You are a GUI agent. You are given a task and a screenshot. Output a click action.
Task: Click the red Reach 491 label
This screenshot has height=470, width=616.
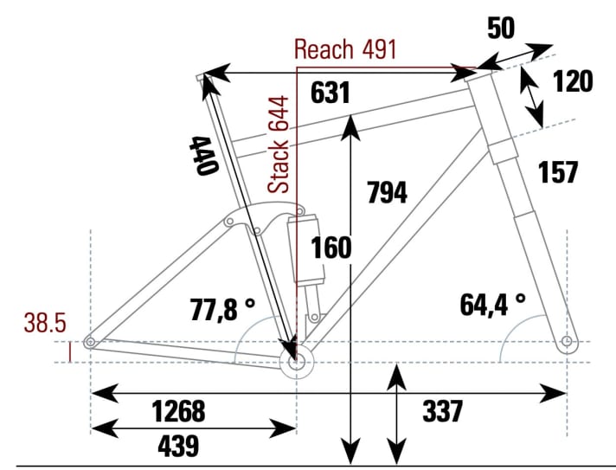click(345, 48)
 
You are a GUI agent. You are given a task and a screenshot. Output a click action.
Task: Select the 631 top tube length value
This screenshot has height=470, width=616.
click(330, 93)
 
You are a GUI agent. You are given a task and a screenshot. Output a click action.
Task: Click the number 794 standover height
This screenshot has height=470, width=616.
click(387, 192)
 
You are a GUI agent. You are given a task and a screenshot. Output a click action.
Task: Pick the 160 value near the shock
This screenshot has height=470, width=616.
click(332, 248)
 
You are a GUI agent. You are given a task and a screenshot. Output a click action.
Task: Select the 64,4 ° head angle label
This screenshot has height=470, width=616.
click(493, 303)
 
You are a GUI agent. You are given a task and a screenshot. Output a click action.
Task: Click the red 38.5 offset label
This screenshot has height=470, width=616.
click(45, 323)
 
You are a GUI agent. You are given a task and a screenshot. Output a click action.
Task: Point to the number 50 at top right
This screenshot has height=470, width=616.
click(501, 28)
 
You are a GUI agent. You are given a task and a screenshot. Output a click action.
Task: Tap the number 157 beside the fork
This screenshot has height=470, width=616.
click(557, 172)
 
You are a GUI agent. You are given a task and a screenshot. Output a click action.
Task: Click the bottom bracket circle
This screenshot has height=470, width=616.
click(297, 364)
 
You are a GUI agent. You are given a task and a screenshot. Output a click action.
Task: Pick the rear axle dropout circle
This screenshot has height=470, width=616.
click(90, 344)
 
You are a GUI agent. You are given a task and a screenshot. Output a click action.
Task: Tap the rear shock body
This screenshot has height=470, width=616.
click(309, 251)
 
